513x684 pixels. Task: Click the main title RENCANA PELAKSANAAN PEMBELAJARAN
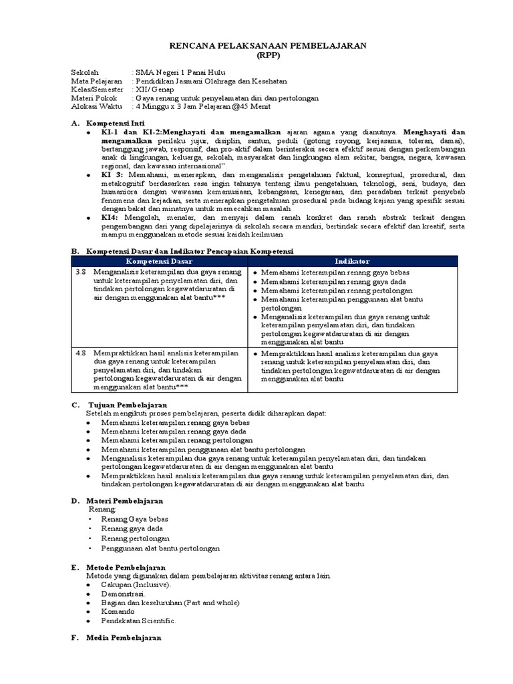pyautogui.click(x=256, y=45)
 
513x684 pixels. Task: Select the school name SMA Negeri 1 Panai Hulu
pyautogui.click(x=180, y=72)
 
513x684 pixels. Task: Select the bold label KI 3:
pyautogui.click(x=112, y=174)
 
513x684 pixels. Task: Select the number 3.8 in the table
pyautogui.click(x=81, y=273)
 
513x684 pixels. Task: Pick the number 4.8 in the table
pyautogui.click(x=81, y=353)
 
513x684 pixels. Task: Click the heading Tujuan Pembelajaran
pyautogui.click(x=128, y=405)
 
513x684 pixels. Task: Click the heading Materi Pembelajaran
pyautogui.click(x=126, y=500)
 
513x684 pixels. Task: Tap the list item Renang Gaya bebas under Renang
pyautogui.click(x=135, y=519)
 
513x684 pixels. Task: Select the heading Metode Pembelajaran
pyautogui.click(x=126, y=566)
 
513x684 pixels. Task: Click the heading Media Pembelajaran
pyautogui.click(x=125, y=638)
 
